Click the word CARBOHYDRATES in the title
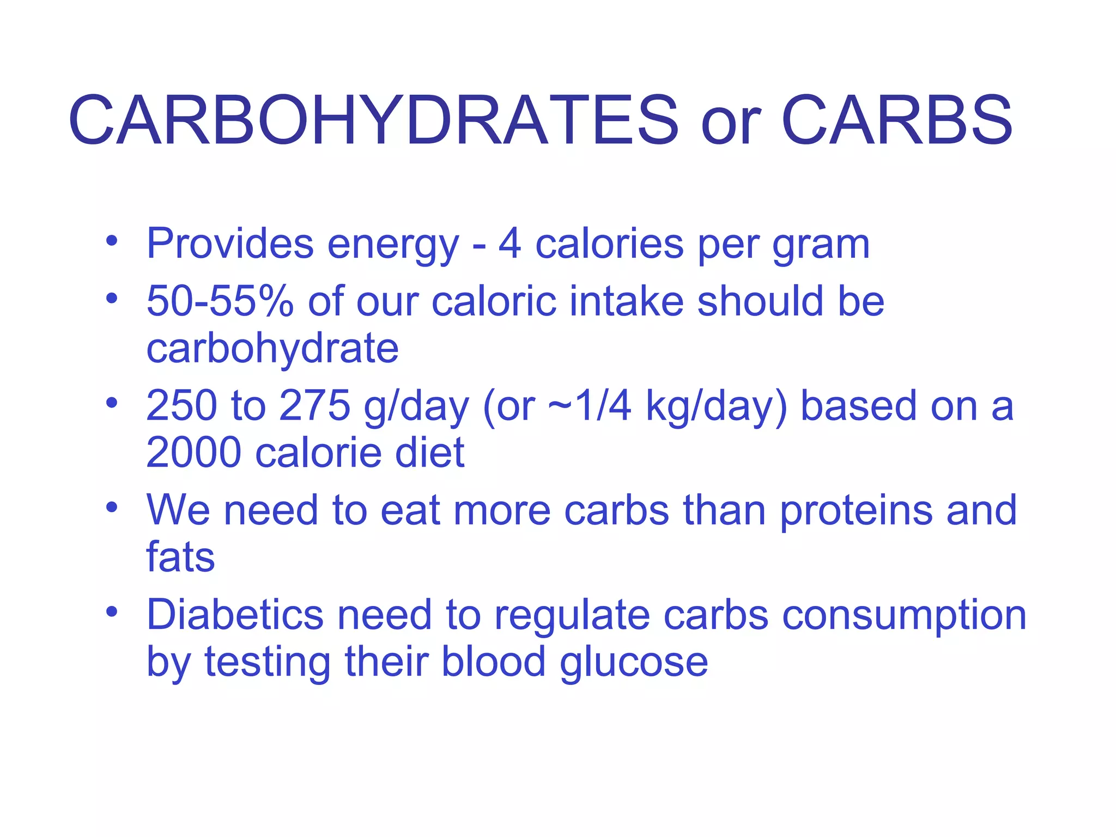click(374, 120)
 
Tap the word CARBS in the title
click(897, 120)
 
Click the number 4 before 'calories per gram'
click(510, 244)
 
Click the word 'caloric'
click(494, 301)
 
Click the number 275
click(314, 406)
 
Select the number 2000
click(193, 453)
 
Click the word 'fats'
click(180, 557)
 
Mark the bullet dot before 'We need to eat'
click(112, 507)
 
